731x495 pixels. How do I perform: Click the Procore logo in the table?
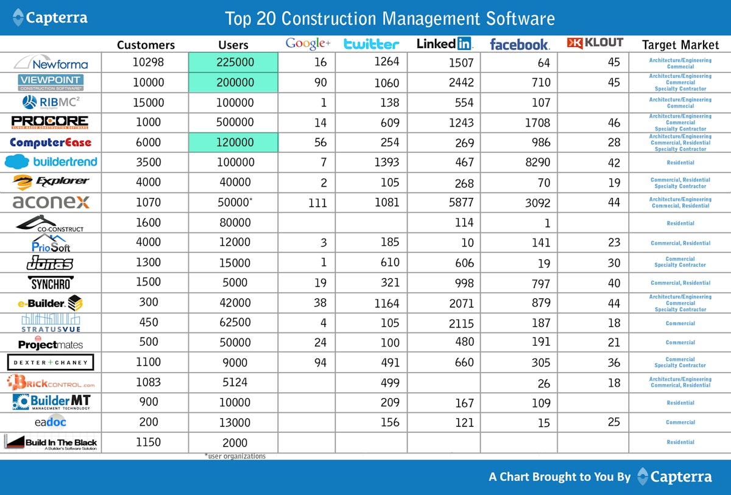(x=50, y=122)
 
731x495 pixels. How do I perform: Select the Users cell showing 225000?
(x=234, y=63)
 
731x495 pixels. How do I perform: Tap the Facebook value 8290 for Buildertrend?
(x=537, y=163)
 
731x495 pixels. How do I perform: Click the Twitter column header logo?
(x=371, y=44)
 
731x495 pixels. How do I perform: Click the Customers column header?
(x=146, y=45)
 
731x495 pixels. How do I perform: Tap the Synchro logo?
(x=51, y=283)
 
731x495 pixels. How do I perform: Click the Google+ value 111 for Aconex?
(x=317, y=203)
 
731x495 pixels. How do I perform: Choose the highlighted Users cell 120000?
(x=234, y=143)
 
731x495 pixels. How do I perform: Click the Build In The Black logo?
(x=51, y=443)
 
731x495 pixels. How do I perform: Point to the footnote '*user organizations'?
(x=235, y=456)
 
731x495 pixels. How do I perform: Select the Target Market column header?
(x=680, y=45)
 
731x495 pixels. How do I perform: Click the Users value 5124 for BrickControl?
(x=235, y=382)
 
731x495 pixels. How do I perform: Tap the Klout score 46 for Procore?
(x=613, y=123)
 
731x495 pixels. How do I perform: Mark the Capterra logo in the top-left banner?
(x=50, y=18)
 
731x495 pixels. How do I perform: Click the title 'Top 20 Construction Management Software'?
(x=390, y=18)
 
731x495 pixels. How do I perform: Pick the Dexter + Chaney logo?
(x=51, y=362)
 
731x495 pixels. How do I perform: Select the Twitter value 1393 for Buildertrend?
(x=387, y=163)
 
